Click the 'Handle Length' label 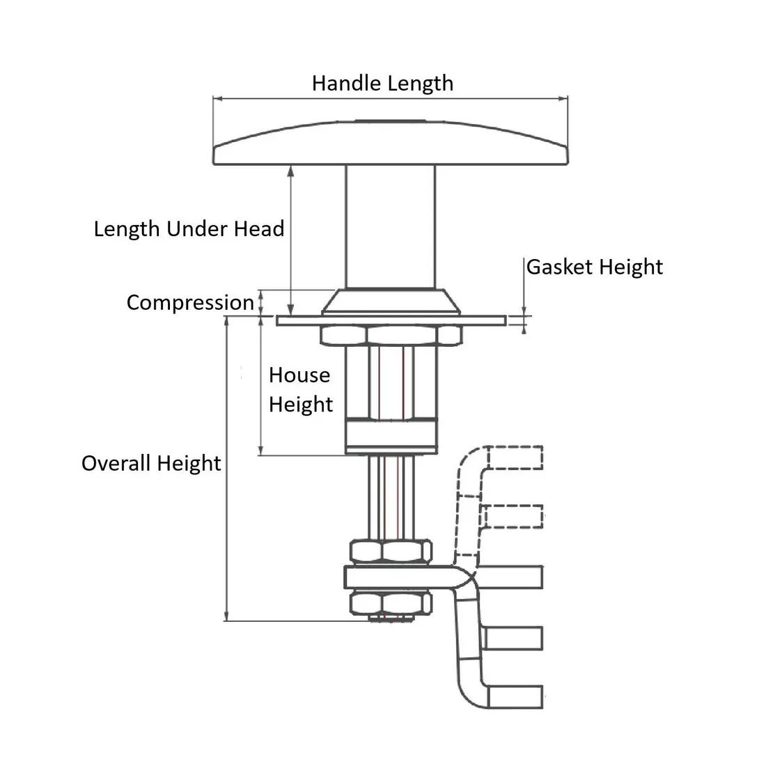pyautogui.click(x=382, y=84)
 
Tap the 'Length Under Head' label pyautogui.click(x=189, y=229)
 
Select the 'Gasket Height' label pyautogui.click(x=594, y=267)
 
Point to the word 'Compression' pyautogui.click(x=190, y=303)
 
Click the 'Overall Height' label pyautogui.click(x=151, y=464)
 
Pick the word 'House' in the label pyautogui.click(x=299, y=375)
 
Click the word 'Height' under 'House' pyautogui.click(x=301, y=405)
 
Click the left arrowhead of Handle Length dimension pyautogui.click(x=216, y=99)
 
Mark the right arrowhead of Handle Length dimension pyautogui.click(x=565, y=99)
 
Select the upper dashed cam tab pyautogui.click(x=515, y=458)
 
